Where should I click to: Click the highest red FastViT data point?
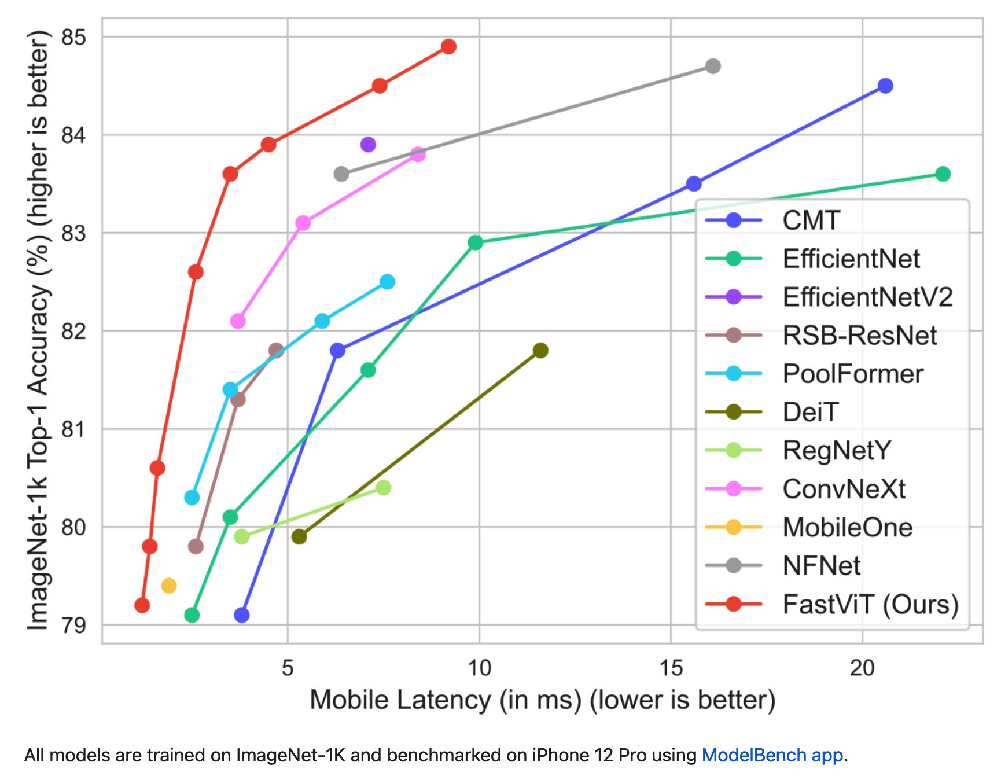448,46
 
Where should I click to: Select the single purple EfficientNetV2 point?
368,144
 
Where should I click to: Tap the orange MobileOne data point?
168,586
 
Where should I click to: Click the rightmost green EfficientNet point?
943,174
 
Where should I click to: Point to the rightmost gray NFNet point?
713,66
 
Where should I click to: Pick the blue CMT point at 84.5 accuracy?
885,86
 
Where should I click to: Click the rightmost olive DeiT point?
540,350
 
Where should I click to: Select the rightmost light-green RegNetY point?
383,488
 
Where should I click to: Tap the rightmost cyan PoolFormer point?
387,282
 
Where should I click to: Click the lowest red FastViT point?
142,605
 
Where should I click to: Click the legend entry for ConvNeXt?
844,489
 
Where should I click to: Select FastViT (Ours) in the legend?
870,604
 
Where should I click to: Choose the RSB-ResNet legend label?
859,336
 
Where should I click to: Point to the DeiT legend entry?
810,412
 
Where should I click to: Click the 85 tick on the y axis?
73,37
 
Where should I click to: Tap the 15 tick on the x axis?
671,668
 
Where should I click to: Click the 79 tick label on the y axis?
73,625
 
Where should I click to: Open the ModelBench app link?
772,755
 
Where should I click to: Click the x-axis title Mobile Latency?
542,700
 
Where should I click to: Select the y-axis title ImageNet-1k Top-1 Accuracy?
38,330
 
